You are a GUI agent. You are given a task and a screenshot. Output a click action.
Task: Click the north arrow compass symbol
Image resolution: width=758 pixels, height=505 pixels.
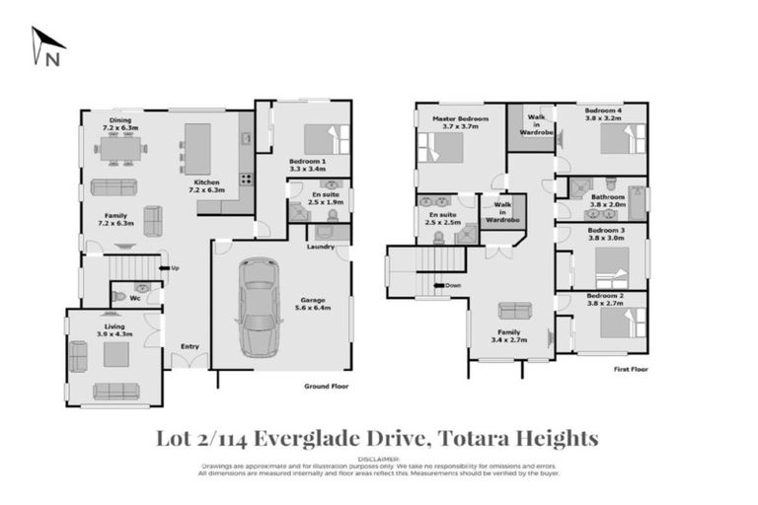pos(46,45)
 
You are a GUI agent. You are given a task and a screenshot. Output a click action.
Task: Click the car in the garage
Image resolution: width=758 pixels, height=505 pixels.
pos(259,306)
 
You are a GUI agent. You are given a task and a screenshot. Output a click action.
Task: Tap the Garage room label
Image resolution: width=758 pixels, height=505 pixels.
pos(315,304)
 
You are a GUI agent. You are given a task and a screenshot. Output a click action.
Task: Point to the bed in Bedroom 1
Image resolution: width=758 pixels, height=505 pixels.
pos(320,139)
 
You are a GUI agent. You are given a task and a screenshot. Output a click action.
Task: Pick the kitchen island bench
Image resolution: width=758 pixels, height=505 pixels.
pos(197,148)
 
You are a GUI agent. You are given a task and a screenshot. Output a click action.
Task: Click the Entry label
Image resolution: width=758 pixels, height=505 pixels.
pos(189,346)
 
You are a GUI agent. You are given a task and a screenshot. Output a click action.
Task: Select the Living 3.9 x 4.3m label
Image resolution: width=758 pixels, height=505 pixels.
pos(115,330)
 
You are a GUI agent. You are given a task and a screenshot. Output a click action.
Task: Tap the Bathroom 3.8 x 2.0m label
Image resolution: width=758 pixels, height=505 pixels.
pos(607,201)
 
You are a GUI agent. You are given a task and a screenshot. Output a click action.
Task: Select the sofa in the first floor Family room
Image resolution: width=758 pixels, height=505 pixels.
pos(512,310)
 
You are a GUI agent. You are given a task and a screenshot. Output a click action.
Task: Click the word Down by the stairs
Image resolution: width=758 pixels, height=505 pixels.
pos(453,286)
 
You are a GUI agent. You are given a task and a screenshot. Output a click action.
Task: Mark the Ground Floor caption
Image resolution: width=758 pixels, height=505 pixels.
pos(325,387)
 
